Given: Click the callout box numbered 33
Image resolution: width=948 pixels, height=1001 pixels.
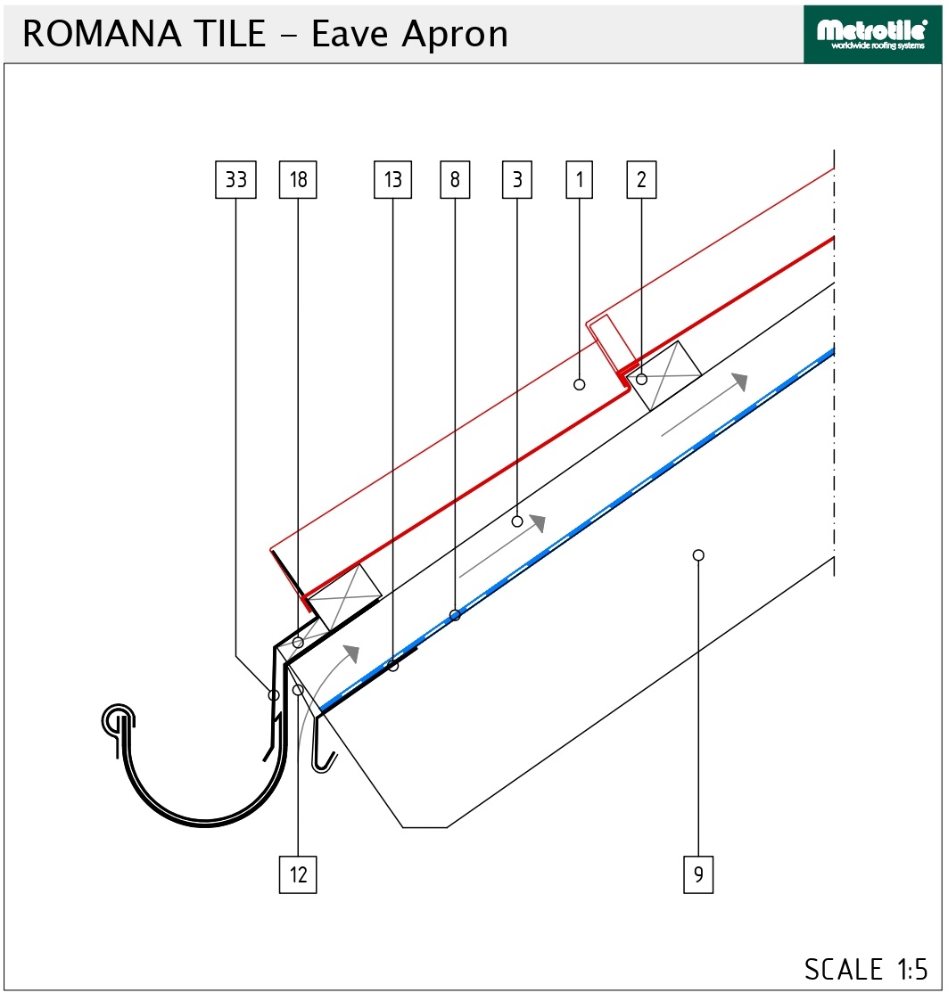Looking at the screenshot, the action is pos(235,180).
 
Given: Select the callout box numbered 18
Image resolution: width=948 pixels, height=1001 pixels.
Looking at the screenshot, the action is pos(299,180).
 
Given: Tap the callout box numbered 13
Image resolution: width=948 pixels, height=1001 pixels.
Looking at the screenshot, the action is pos(393,180).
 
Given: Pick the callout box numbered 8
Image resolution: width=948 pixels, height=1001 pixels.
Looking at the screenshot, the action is pos(455,180).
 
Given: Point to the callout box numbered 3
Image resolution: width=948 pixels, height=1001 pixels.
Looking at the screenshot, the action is pos(517,180).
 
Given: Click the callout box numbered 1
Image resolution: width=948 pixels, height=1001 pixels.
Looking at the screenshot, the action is pos(580,180).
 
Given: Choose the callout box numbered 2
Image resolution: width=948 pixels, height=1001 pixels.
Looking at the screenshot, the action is pos(641,180).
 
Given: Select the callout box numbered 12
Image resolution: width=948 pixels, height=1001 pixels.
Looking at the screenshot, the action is pos(299,874).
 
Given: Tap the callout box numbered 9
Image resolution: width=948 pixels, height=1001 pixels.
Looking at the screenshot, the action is pos(698,874).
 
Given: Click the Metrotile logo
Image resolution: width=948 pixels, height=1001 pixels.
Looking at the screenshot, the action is pos(872,35).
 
